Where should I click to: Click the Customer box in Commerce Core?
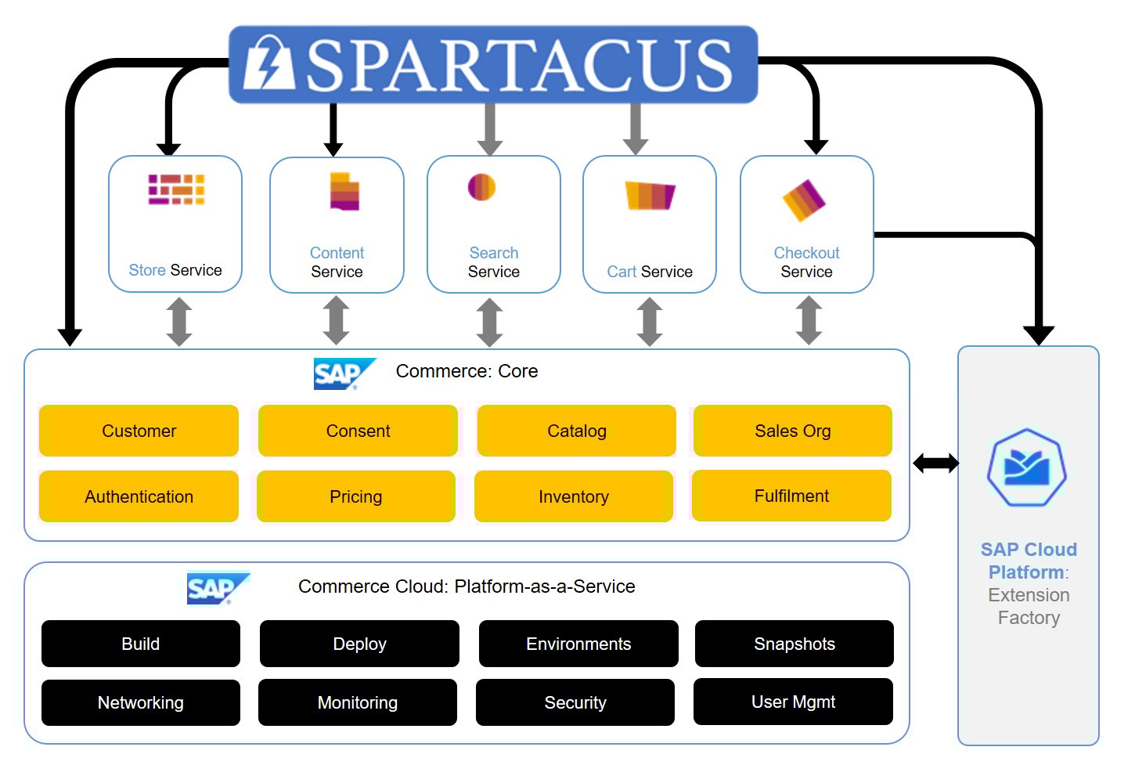tap(139, 431)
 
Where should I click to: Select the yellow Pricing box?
tap(356, 496)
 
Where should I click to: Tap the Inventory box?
tap(574, 496)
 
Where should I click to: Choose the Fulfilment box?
tap(791, 496)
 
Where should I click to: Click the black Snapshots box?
tap(794, 644)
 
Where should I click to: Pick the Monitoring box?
tap(358, 702)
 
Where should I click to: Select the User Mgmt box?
tap(793, 702)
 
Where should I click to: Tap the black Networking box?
tap(141, 702)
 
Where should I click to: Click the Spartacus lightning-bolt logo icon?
tap(268, 63)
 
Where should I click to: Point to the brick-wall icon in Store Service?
tap(176, 189)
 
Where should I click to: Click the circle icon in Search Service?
tap(481, 187)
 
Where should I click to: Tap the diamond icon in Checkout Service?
tap(804, 200)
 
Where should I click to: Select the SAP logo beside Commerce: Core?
tap(343, 373)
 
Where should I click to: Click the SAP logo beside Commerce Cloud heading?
tap(216, 588)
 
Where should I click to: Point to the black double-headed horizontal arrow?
tap(935, 464)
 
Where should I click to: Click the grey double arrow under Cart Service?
tap(650, 322)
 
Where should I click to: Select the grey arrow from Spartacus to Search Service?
tap(490, 128)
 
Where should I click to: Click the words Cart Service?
tap(650, 272)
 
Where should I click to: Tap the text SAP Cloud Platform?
tap(1028, 561)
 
